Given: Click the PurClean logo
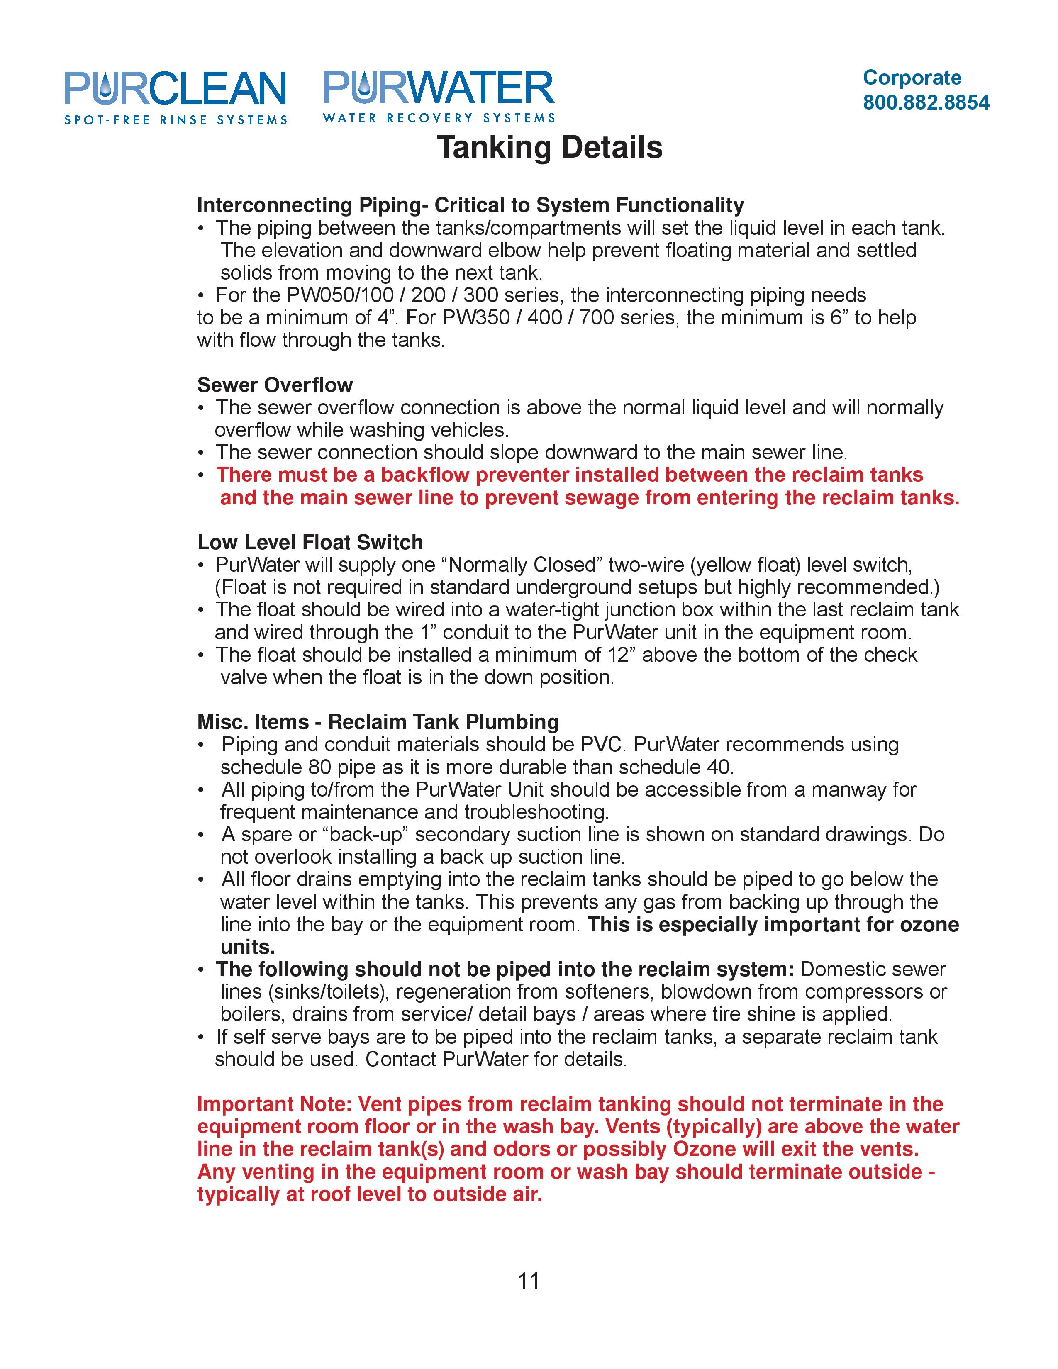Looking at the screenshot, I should (x=176, y=97).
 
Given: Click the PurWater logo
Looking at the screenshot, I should (x=439, y=96).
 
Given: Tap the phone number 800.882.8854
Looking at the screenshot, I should (x=926, y=103).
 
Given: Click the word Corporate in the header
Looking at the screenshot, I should (x=912, y=78).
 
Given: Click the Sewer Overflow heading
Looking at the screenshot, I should (x=275, y=385).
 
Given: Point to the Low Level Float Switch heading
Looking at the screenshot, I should (x=310, y=542).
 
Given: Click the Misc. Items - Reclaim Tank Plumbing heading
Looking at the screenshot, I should (x=377, y=722).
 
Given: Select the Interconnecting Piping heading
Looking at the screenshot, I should (x=470, y=205).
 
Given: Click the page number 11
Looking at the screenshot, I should (x=528, y=1281).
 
